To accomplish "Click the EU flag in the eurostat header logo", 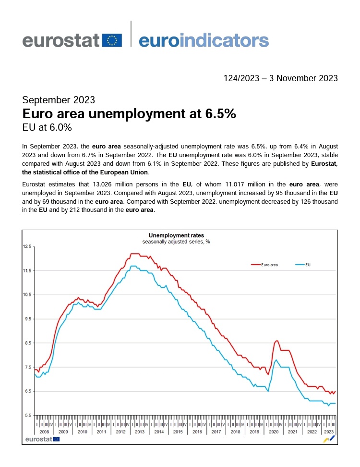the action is coord(112,40).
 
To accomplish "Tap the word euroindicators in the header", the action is coord(204,40).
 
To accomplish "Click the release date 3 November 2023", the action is coord(303,78).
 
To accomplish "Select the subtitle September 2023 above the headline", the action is coord(59,100).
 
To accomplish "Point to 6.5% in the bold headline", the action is coord(220,113).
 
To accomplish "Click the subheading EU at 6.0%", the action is coord(47,127).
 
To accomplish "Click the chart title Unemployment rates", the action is coord(176,235).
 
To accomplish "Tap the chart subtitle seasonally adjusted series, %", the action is coord(176,242).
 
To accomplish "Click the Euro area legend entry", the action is coord(264,265).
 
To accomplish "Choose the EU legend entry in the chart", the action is coord(303,265).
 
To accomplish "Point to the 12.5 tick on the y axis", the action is coord(27,246).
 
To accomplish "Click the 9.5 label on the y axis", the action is coord(27,319).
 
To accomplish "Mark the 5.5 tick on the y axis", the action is coord(27,415).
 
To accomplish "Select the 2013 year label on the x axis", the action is coord(140,431).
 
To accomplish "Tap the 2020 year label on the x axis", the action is coord(274,431).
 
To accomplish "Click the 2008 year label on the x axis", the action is coord(44,431).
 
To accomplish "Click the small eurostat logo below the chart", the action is coord(42,439).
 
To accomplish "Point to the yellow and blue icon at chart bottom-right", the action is coord(329,439).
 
